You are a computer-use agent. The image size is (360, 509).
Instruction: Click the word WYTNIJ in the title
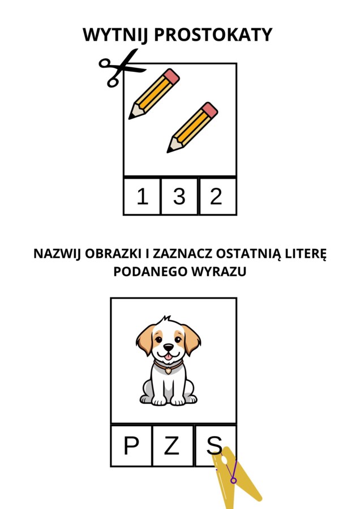pos(115,35)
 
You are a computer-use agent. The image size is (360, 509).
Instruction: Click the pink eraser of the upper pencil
pos(173,76)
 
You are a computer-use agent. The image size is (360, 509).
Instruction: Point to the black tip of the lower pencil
pos(169,150)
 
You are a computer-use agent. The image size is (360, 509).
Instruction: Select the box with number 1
pos(142,196)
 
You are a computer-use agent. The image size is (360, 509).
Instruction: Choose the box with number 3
pos(179,196)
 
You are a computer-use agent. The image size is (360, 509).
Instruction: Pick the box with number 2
pos(217,196)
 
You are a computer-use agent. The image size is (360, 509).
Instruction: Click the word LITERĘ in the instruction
pos(306,253)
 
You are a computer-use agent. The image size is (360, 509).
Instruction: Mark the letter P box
pos(131,446)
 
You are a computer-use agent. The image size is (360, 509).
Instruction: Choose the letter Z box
pos(173,446)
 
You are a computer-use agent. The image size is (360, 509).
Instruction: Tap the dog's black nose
pos(168,348)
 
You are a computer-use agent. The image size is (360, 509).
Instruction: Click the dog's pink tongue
pos(168,357)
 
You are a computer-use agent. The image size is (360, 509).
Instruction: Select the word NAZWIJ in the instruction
pos(58,253)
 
